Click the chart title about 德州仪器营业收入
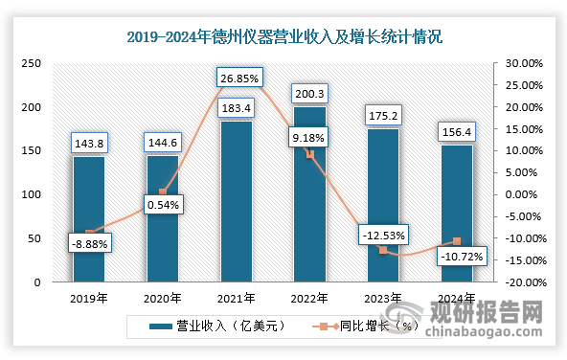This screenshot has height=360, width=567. tap(284, 37)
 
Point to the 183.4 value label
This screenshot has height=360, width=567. tap(237, 107)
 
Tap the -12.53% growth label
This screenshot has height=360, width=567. tap(382, 234)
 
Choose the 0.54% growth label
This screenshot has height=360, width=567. tap(163, 204)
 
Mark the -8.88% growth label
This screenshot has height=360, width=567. tap(90, 244)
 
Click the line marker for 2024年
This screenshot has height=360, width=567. tap(457, 241)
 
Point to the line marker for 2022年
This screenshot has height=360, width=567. tap(309, 154)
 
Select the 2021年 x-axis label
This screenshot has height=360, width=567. tap(237, 298)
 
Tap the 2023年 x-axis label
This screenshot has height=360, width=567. tap(383, 298)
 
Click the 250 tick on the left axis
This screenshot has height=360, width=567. tap(31, 63)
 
